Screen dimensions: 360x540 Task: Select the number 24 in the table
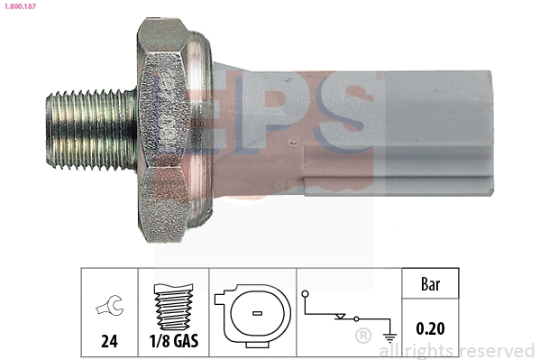[109, 340]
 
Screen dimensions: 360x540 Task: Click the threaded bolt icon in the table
[173, 306]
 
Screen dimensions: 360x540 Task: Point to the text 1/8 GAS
[173, 340]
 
